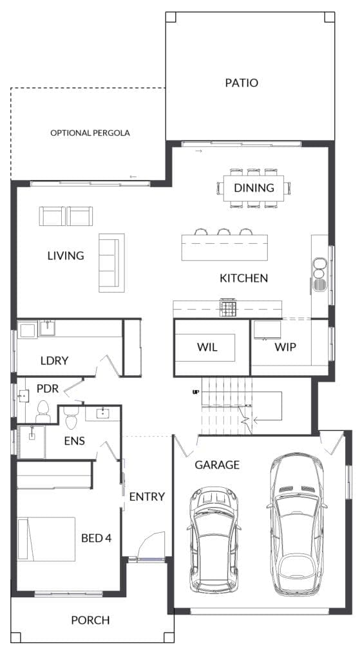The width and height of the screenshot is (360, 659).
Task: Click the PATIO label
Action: click(242, 83)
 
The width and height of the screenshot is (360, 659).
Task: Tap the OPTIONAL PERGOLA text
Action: click(90, 133)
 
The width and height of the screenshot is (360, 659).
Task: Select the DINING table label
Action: click(254, 188)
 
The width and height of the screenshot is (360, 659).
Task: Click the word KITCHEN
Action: click(243, 279)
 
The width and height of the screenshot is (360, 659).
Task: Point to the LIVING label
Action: click(66, 255)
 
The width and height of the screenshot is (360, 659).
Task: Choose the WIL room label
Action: click(207, 348)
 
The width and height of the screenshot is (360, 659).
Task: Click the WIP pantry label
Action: click(285, 348)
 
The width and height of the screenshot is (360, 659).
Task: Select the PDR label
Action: click(48, 389)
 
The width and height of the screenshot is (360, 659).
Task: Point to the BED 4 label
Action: click(97, 537)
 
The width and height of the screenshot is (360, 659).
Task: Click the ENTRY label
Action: click(147, 497)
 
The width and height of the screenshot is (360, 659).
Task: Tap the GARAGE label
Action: click(217, 465)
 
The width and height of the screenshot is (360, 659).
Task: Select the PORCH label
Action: click(90, 620)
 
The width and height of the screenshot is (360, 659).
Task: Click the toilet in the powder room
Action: click(43, 411)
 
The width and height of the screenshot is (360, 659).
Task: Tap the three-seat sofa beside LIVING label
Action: click(109, 263)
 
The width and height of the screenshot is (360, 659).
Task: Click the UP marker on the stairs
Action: click(195, 391)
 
